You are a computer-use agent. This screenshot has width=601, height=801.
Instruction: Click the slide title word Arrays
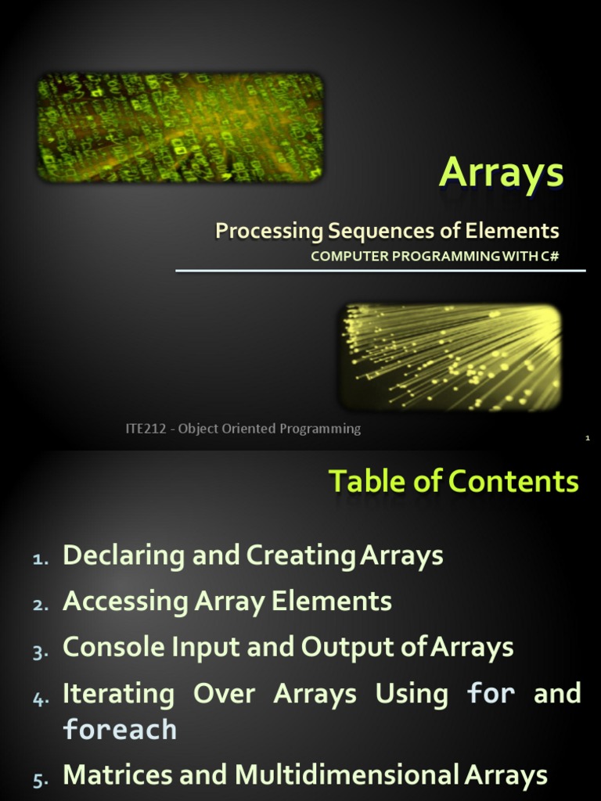click(501, 174)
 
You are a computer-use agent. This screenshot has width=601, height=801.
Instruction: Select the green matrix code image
click(181, 127)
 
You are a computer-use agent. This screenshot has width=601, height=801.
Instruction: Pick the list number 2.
click(41, 605)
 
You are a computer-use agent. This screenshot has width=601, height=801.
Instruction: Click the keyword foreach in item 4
click(120, 730)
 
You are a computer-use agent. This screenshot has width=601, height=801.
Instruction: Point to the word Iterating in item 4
click(118, 694)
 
